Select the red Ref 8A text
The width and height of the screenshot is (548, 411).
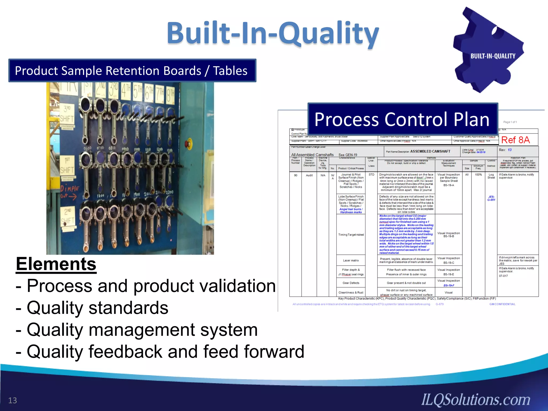tap(515, 140)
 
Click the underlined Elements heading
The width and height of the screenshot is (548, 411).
tap(56, 264)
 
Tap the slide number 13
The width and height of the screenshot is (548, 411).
tap(12, 400)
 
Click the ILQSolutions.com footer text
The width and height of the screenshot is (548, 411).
tap(476, 400)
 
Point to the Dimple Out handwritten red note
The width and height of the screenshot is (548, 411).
tap(69, 192)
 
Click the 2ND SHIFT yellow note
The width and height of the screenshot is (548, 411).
tap(67, 217)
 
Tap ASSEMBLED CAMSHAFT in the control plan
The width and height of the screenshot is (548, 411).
tap(430, 151)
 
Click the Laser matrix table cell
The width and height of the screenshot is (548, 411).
tap(351, 260)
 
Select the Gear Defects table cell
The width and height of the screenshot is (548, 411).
tap(351, 283)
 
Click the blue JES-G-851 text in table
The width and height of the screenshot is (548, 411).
tap(491, 198)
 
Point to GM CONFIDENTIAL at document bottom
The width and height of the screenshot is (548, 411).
tap(502, 304)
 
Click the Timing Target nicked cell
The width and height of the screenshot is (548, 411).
tap(351, 235)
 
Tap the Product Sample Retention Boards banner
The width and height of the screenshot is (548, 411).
tap(132, 71)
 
